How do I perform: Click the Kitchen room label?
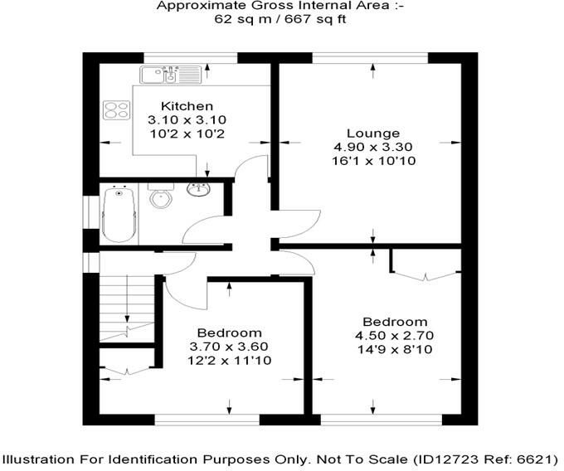tap(187, 106)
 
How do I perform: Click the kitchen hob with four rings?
tap(116, 109)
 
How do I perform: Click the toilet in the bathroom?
tap(160, 198)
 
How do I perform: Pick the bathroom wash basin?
tap(199, 190)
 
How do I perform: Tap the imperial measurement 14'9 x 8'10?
tap(395, 350)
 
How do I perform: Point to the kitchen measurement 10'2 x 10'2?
tap(187, 134)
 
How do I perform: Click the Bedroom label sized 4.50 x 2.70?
tap(395, 322)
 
